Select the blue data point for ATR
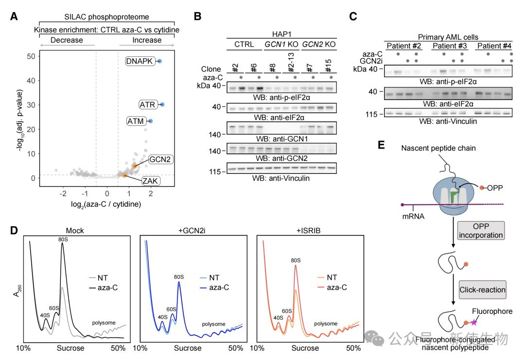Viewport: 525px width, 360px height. coord(162,104)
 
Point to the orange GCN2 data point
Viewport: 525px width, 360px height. coord(135,166)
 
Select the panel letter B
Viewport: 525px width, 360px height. coord(197,17)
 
